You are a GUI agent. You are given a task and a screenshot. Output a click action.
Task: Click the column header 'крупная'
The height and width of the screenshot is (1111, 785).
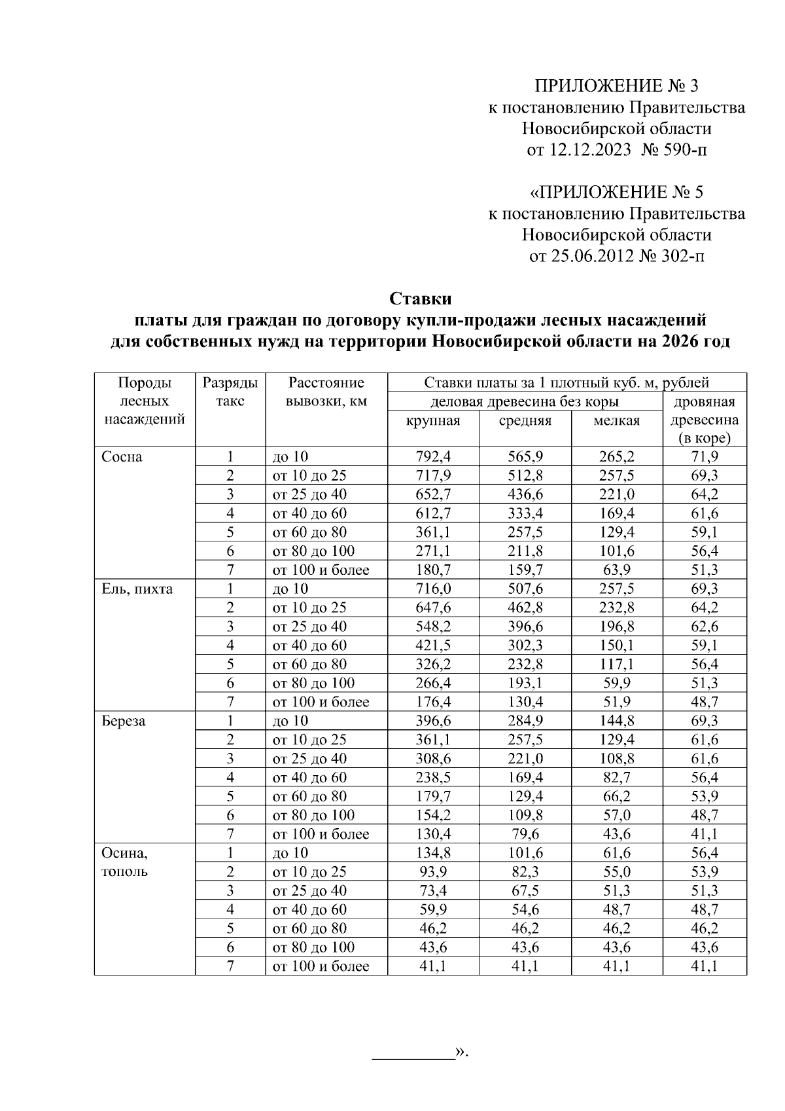pyautogui.click(x=433, y=421)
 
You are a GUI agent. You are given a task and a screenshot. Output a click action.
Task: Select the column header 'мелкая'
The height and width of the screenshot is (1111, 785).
pyautogui.click(x=616, y=421)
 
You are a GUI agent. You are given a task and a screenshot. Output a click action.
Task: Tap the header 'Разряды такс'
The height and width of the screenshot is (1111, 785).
pyautogui.click(x=230, y=392)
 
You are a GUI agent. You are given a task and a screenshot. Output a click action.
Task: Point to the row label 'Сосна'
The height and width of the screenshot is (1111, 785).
pyautogui.click(x=122, y=457)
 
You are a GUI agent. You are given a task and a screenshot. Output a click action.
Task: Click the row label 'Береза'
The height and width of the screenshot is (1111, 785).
pyautogui.click(x=124, y=721)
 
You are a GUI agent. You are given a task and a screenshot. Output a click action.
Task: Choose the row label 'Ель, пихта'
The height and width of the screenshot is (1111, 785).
pyautogui.click(x=137, y=589)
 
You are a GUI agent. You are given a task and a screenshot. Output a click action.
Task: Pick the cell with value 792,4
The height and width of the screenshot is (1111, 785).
pyautogui.click(x=433, y=457)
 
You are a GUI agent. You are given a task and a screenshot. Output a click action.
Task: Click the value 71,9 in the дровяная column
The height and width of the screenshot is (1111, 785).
pyautogui.click(x=705, y=457)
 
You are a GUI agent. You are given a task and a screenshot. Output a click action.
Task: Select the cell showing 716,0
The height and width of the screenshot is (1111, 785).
pyautogui.click(x=433, y=589)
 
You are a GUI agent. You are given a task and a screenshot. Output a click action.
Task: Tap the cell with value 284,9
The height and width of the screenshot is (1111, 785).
pyautogui.click(x=525, y=721)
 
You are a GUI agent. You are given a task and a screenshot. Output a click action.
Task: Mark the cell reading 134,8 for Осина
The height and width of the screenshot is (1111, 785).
pyautogui.click(x=433, y=853)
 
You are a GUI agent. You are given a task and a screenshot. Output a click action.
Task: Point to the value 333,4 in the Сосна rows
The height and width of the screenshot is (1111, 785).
pyautogui.click(x=525, y=513)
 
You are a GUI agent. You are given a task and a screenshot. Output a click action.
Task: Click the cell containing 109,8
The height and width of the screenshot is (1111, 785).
pyautogui.click(x=525, y=815)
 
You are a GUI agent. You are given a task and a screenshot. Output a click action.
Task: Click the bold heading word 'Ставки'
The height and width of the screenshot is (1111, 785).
pyautogui.click(x=421, y=299)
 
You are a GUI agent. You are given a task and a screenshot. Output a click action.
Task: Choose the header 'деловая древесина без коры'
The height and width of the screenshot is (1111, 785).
pyautogui.click(x=525, y=402)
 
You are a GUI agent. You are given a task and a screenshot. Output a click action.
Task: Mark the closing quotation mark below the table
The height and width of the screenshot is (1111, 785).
pyautogui.click(x=461, y=1052)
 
